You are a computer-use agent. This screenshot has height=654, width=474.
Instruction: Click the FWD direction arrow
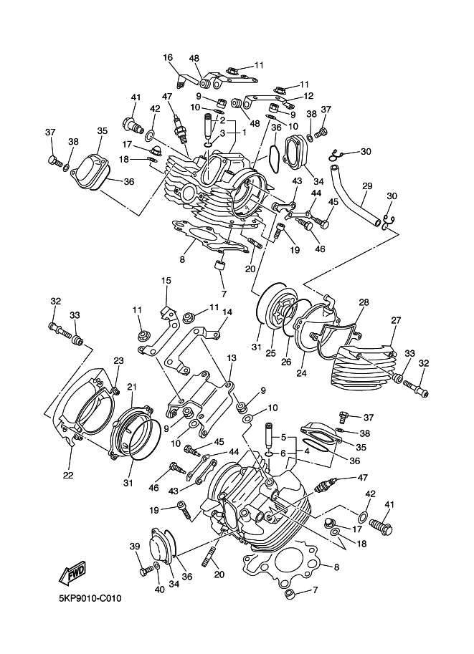click(74, 573)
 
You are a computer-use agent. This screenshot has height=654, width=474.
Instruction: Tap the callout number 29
click(366, 186)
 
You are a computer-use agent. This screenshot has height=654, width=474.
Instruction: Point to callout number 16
click(168, 58)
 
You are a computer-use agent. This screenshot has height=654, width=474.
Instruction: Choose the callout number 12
click(308, 95)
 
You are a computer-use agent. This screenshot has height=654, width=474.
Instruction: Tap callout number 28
click(364, 303)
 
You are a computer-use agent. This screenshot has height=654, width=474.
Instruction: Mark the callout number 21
click(131, 387)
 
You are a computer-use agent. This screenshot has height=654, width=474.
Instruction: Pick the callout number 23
click(118, 360)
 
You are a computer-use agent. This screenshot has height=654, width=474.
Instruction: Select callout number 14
click(227, 312)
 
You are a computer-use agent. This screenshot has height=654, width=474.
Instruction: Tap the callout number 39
click(133, 547)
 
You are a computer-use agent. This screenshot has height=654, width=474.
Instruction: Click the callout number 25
click(271, 353)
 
